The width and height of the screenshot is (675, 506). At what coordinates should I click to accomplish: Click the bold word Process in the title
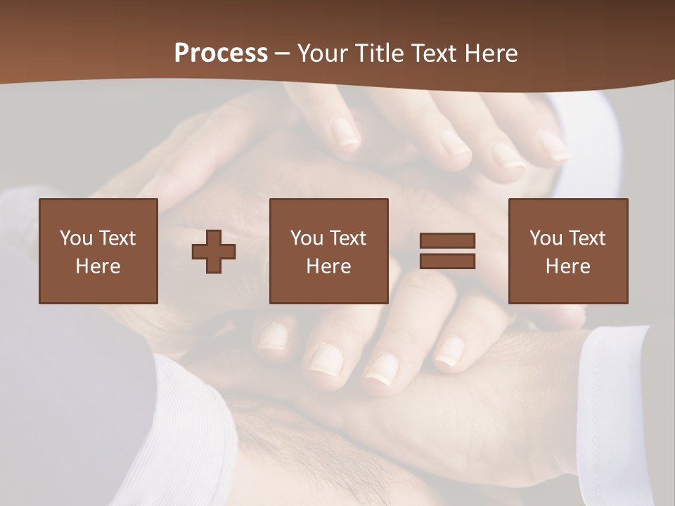(x=221, y=53)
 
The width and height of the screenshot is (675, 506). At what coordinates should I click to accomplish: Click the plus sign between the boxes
(x=214, y=252)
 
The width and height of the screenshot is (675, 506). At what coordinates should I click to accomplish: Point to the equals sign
(x=447, y=251)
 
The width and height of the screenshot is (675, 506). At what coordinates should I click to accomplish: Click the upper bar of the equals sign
(x=447, y=240)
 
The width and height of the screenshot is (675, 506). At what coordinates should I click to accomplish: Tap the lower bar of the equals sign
(x=447, y=261)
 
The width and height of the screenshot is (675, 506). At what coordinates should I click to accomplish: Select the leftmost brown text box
(x=98, y=251)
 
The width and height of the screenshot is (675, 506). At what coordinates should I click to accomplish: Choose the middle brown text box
(x=328, y=251)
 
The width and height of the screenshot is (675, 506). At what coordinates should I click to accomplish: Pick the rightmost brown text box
(x=567, y=251)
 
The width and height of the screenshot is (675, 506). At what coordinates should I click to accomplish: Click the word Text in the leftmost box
(x=117, y=238)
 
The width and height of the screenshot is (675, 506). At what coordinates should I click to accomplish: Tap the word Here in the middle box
(x=328, y=266)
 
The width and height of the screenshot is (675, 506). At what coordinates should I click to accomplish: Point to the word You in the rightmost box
(x=546, y=238)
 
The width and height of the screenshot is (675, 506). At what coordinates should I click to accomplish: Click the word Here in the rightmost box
(x=567, y=266)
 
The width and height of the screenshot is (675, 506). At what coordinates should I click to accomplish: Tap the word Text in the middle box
(x=348, y=238)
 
